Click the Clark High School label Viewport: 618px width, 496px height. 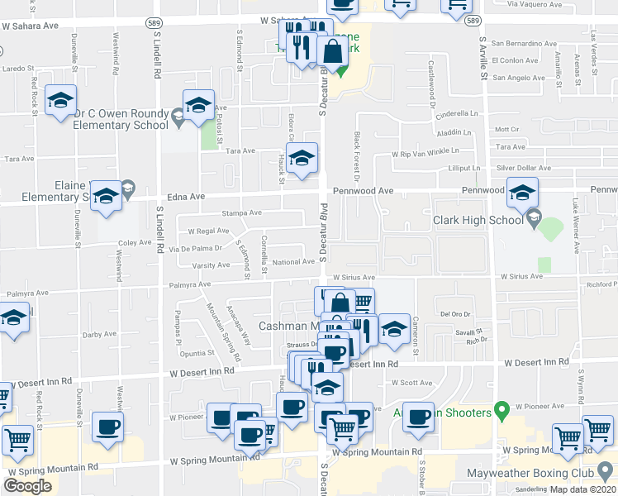coord(478,221)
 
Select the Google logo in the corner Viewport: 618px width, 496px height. coord(27,486)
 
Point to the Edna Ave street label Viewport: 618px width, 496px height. coord(187,197)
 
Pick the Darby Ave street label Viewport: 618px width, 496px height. coord(99,335)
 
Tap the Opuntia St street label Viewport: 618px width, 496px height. coord(197,352)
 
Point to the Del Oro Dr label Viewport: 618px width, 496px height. coord(455,313)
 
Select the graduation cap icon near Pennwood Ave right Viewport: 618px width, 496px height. coord(522,193)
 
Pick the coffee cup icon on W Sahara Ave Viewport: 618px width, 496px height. coord(342,7)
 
